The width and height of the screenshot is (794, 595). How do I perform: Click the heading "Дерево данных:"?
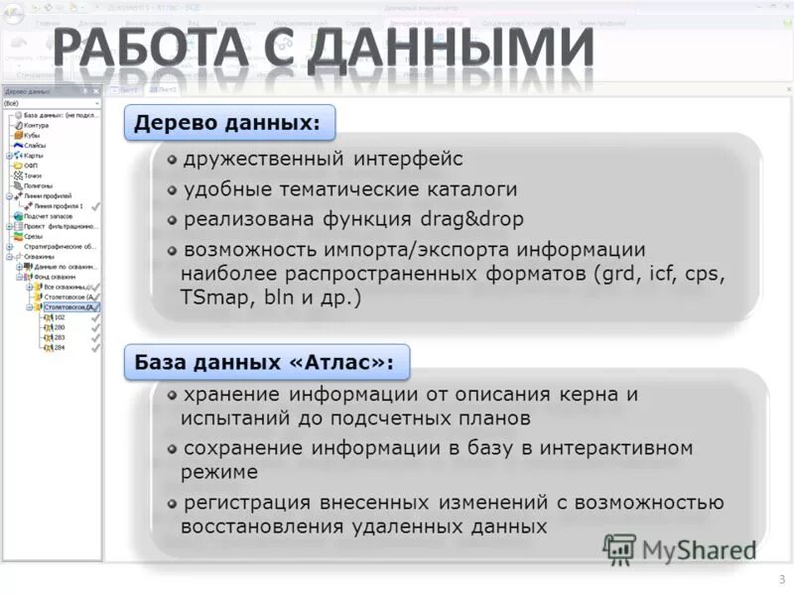point(227,123)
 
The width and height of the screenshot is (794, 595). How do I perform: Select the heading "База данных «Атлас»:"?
point(263,363)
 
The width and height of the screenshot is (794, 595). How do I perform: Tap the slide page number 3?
point(781,579)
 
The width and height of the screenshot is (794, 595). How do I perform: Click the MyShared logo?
point(679,548)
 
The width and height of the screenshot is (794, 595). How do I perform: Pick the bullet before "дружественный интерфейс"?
point(172,159)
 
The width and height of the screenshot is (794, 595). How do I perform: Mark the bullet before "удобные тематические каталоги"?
point(172,188)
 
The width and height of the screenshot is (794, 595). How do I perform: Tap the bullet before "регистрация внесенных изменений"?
point(172,503)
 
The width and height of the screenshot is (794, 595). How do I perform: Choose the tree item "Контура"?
point(36,126)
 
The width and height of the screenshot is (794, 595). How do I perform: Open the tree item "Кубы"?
point(32,136)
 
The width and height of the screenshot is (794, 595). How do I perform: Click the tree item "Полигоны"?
point(38,185)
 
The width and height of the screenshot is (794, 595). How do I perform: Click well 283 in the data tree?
point(60,337)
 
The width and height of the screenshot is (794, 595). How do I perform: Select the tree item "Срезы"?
point(33,236)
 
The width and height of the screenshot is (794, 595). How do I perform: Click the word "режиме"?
point(219,472)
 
